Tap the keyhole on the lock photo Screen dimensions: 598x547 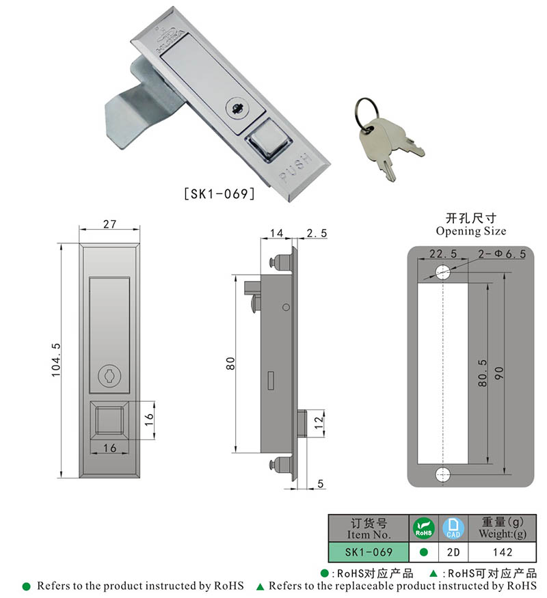(x=237, y=108)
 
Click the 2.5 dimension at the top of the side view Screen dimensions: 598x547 (x=317, y=233)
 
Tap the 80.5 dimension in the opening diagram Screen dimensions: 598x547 (x=483, y=375)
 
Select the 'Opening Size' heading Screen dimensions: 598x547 (x=471, y=231)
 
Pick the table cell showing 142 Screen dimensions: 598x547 (x=503, y=552)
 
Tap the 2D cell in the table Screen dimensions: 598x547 (x=452, y=552)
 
